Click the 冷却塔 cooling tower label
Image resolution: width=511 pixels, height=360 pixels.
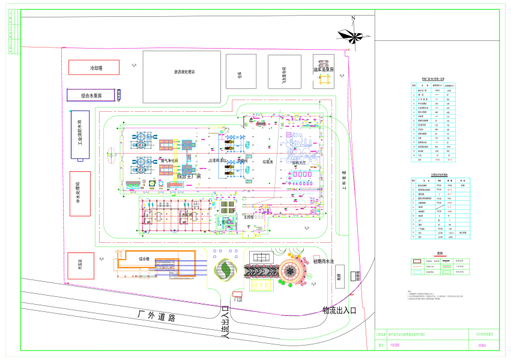tap(97, 68)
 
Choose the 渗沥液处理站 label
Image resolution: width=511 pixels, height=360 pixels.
tap(184, 72)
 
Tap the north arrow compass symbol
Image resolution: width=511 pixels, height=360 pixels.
tap(352, 36)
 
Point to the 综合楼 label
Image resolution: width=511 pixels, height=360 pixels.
tap(147, 258)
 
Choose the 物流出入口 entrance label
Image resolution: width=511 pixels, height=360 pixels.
tap(339, 310)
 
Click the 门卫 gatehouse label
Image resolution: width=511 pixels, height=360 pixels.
tap(238, 299)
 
